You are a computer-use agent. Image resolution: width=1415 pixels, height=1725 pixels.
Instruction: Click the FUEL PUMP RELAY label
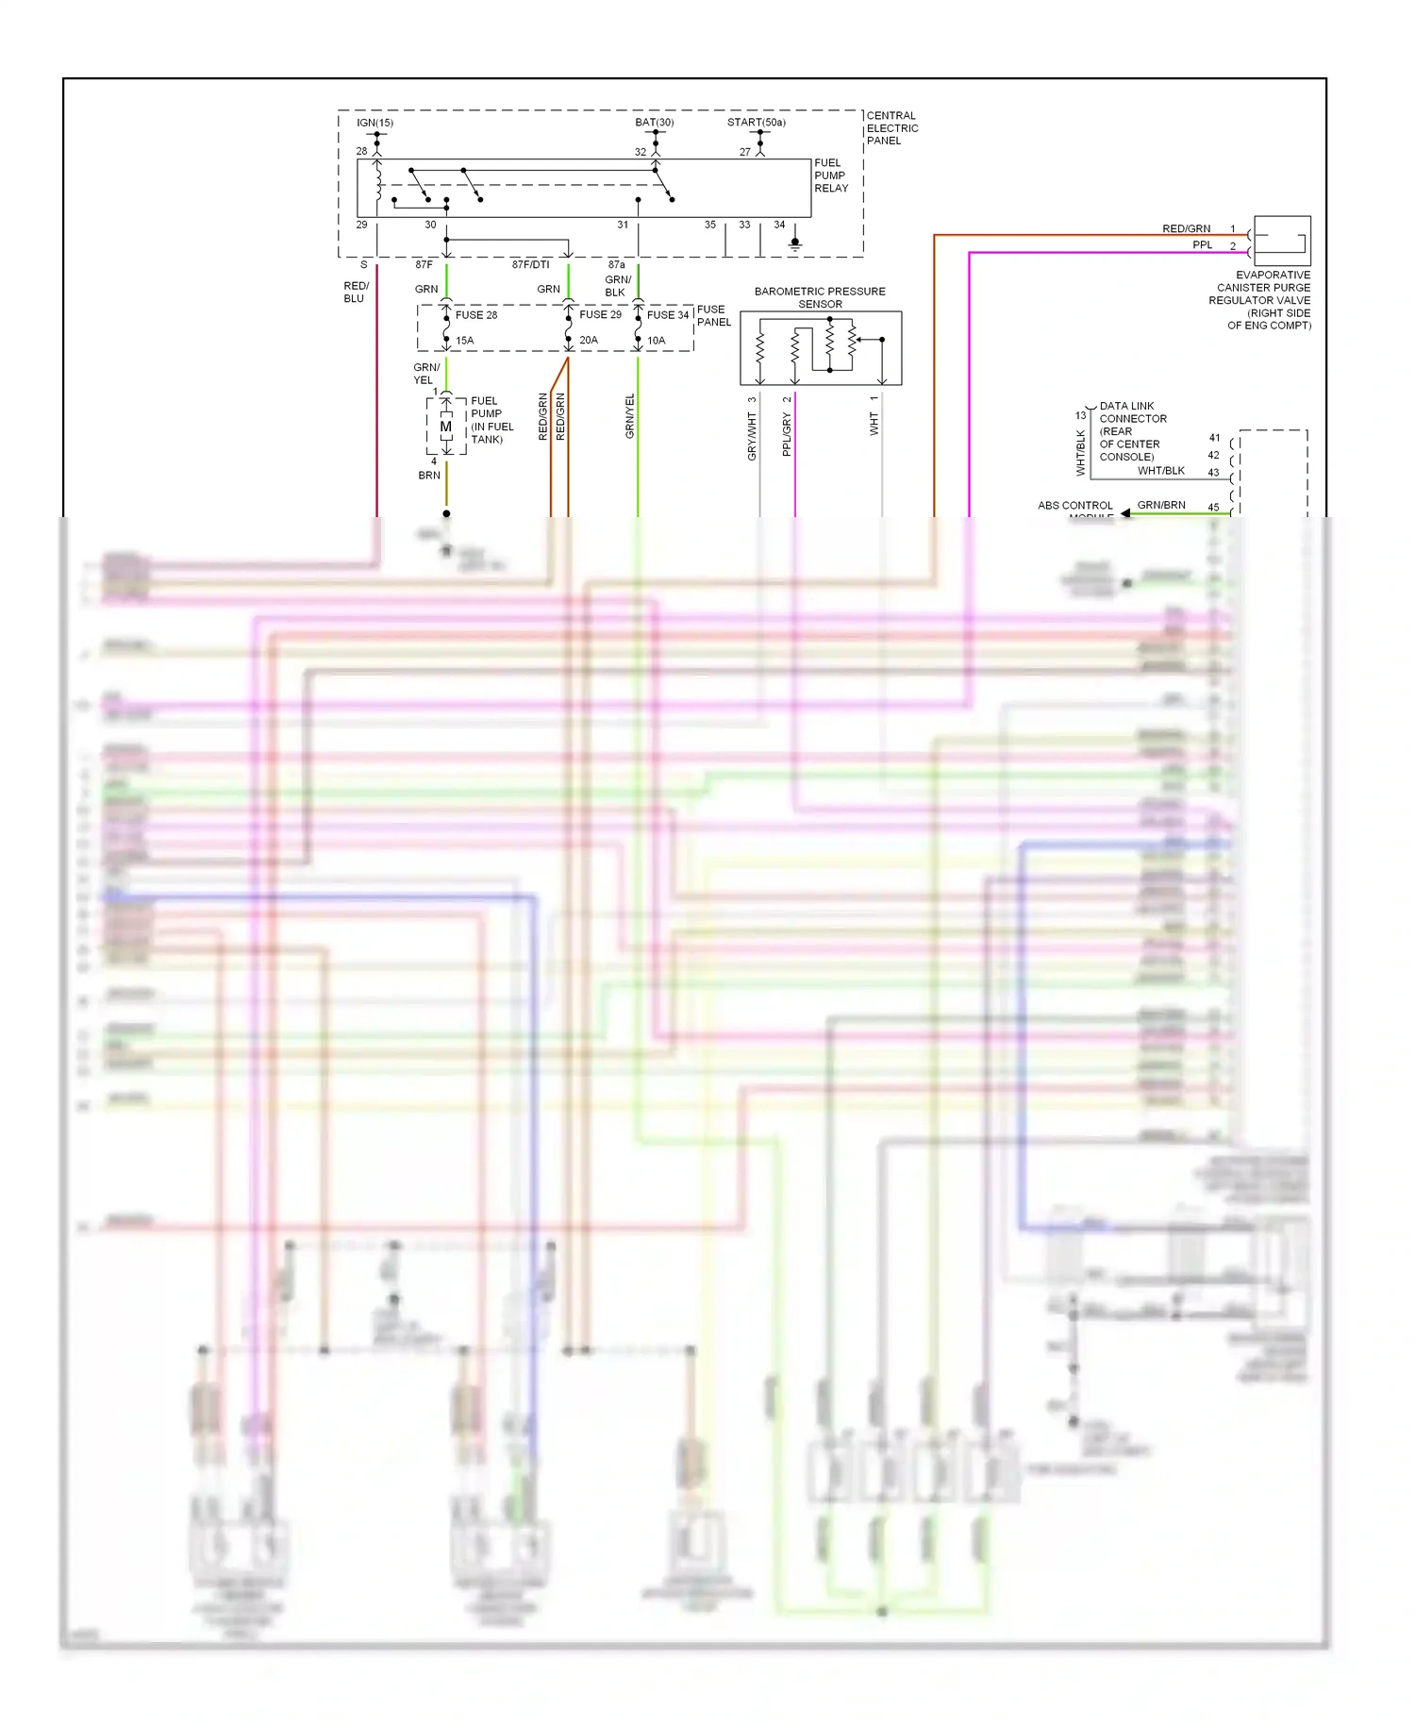[x=830, y=176]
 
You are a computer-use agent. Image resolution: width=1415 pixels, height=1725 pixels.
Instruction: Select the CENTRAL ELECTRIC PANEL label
[x=891, y=127]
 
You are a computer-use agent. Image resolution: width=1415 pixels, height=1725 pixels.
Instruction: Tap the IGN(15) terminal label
[x=375, y=123]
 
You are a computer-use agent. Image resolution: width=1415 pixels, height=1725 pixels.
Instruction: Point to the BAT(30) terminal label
[x=654, y=123]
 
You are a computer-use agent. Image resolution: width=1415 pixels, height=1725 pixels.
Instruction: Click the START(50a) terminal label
[x=756, y=123]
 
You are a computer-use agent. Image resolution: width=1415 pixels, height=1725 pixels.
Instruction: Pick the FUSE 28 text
[x=475, y=315]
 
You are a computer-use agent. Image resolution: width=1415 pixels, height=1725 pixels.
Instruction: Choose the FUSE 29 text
[x=600, y=315]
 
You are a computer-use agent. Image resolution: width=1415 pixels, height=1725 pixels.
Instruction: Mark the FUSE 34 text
[x=668, y=315]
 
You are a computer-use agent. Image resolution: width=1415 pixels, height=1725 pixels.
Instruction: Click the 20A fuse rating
[x=589, y=340]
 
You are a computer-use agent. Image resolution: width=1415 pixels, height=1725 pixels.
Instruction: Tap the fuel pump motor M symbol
[x=446, y=427]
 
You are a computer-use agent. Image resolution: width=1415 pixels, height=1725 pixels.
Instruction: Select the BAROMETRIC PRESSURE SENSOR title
[x=820, y=297]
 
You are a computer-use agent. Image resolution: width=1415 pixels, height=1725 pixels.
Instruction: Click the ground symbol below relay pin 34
[x=795, y=243]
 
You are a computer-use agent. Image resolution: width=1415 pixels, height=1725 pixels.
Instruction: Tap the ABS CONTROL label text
[x=1074, y=506]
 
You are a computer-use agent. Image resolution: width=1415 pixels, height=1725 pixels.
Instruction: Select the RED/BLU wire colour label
[x=356, y=292]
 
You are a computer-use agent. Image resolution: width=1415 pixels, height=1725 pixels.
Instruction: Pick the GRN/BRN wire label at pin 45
[x=1160, y=505]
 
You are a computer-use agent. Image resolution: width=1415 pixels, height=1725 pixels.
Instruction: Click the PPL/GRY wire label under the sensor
[x=787, y=434]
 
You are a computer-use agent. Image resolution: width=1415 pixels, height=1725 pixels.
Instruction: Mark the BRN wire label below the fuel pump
[x=429, y=476]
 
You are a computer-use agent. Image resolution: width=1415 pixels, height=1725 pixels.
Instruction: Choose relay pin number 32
[x=641, y=152]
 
